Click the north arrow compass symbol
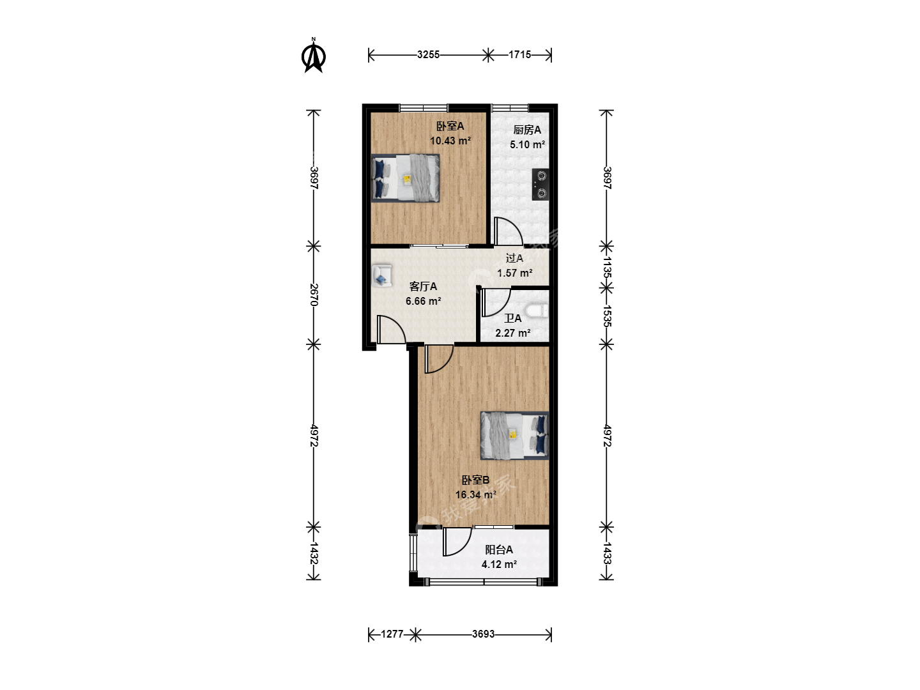coord(314,56)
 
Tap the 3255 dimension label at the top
coord(428,54)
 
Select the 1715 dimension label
coord(519,54)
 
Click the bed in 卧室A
coord(405,178)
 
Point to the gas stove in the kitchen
coord(540,185)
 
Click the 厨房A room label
coord(527,130)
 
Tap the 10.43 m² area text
coord(450,141)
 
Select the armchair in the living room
coord(382,275)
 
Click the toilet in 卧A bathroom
coord(538,311)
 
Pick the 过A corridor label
coord(514,259)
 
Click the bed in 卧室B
coord(515,436)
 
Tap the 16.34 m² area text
coord(476,494)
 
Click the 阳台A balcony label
coord(499,549)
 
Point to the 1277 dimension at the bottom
coord(392,634)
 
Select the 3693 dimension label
coord(483,634)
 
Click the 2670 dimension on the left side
coord(314,295)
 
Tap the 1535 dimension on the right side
coord(607,316)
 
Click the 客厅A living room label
coord(423,287)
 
